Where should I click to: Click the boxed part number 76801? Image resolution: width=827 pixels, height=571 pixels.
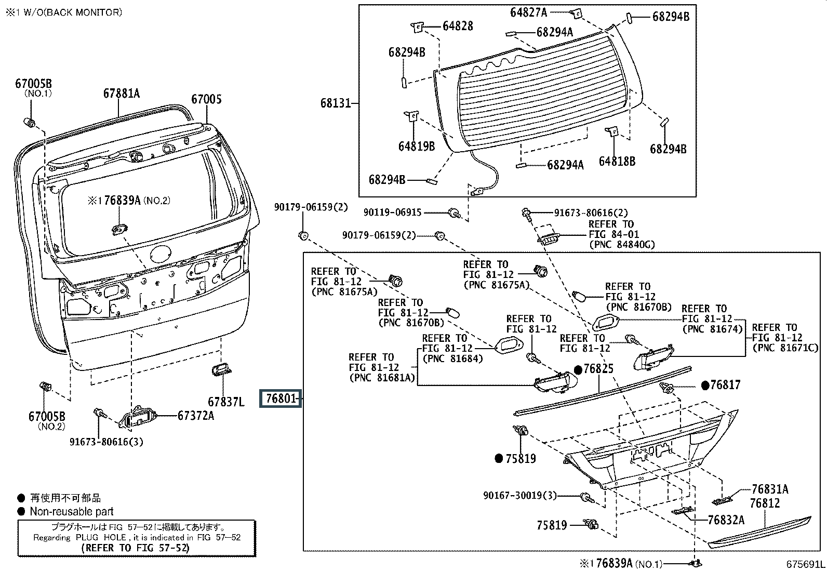pos(281,399)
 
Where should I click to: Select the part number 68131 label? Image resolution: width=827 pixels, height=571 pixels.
pos(336,103)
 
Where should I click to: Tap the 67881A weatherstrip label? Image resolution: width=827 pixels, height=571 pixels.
pos(121,94)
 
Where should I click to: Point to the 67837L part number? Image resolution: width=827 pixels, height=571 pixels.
pos(226,402)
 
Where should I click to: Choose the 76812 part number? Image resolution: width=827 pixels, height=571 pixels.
pos(765,503)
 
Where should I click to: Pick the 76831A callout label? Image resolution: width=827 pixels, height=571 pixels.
pos(770,489)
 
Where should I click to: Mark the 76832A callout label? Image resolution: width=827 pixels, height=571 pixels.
pos(726,520)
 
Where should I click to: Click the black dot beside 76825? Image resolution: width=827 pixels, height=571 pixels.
pos(578,369)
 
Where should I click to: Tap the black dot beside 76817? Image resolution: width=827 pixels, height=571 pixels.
pos(705,385)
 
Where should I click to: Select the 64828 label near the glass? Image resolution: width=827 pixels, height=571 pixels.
pos(458,26)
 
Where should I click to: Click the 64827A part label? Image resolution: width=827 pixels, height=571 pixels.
pos(528,12)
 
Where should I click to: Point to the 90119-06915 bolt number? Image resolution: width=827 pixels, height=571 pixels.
pos(392,213)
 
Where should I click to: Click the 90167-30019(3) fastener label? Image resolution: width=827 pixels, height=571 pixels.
pos(519,496)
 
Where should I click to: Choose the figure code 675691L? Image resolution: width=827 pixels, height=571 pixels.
pos(805,564)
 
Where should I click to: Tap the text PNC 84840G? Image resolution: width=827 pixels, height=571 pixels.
pos(622,244)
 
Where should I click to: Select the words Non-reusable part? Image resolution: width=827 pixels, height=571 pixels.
pos(72,511)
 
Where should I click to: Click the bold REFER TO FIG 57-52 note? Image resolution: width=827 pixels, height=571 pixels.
pos(136,548)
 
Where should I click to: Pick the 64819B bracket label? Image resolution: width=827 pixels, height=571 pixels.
pos(417,146)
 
